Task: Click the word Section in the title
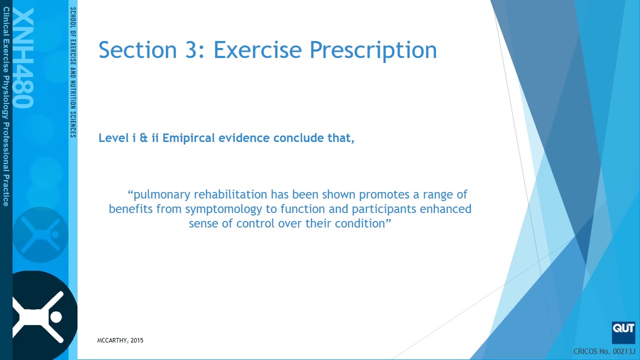coord(137,50)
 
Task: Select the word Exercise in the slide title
coord(257,50)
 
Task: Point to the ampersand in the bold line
coord(143,138)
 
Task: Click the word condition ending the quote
coord(359,223)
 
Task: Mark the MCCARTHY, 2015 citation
coord(120,340)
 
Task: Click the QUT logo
coord(623,332)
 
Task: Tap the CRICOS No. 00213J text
coord(604,351)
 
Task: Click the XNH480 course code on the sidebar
coord(23,57)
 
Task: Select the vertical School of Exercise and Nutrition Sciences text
coord(73,72)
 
